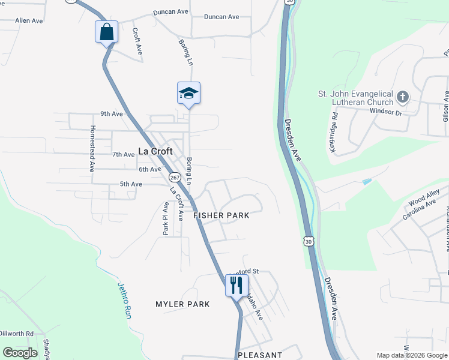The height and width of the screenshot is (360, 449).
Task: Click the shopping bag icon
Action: [x=106, y=31]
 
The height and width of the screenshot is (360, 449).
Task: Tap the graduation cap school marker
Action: [x=188, y=93]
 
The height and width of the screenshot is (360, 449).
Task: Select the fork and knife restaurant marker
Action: [x=237, y=285]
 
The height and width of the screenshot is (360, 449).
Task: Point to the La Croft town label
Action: [x=155, y=151]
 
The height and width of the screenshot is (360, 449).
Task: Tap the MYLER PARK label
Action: [x=182, y=304]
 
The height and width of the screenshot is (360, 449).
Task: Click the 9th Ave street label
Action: [x=112, y=113]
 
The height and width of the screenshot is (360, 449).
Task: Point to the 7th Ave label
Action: [x=123, y=154]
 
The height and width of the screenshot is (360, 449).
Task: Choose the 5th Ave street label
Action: [x=131, y=184]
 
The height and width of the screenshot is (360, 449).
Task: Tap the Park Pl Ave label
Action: [x=166, y=217]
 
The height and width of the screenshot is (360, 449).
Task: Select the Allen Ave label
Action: [x=29, y=20]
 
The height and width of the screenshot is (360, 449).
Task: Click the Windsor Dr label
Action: [x=385, y=111]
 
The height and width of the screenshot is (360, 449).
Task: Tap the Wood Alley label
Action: [x=424, y=195]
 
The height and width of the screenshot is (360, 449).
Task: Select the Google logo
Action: [x=20, y=353]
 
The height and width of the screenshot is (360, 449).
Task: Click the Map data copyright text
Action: [x=412, y=355]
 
